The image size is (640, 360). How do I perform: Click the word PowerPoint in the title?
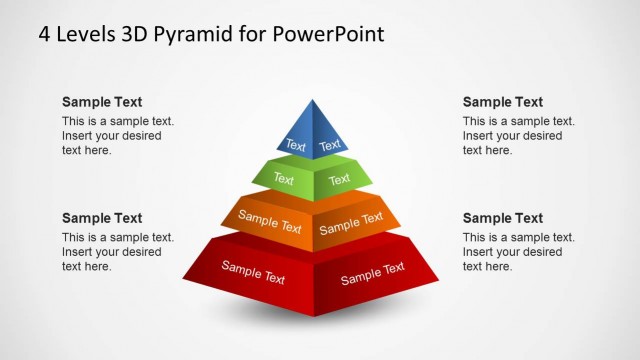tap(326, 34)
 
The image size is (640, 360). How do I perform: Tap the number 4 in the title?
tap(45, 34)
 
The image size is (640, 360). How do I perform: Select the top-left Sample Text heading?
tap(102, 102)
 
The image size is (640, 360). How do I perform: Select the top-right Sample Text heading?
tap(503, 102)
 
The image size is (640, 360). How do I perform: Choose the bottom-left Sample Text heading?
tap(102, 218)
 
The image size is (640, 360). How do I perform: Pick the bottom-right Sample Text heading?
tap(503, 218)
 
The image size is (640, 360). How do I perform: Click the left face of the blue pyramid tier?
tap(297, 137)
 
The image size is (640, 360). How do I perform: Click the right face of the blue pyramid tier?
tap(328, 137)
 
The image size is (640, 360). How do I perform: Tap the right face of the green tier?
tap(341, 179)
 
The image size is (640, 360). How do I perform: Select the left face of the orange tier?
tap(268, 222)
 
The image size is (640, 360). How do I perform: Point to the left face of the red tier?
tap(252, 271)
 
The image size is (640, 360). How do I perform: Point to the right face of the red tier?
tap(373, 271)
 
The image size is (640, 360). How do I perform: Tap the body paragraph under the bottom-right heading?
tap(518, 252)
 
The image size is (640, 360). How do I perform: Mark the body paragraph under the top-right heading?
tap(518, 136)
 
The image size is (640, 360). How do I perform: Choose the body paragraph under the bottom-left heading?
tap(117, 252)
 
